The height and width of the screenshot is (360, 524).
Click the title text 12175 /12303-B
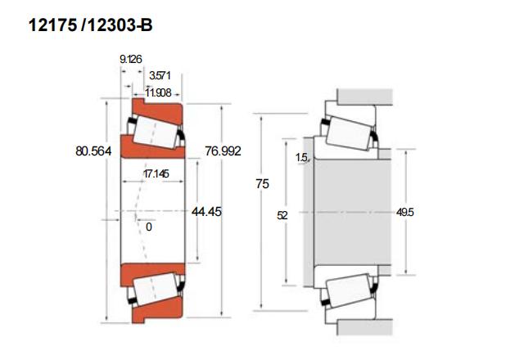point(90,25)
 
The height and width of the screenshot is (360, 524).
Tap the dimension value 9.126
point(131,60)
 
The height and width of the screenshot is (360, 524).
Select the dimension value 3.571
point(160,75)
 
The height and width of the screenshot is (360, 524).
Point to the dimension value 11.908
point(158,92)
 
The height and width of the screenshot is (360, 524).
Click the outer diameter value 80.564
point(93,151)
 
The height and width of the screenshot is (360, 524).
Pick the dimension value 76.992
point(223,151)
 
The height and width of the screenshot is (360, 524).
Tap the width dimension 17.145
point(156,173)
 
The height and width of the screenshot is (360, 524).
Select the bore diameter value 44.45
point(206,212)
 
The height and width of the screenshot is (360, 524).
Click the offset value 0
point(149,227)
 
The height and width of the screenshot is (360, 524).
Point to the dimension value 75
point(262,183)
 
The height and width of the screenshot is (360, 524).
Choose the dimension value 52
point(282,215)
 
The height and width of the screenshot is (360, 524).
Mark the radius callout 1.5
point(301,157)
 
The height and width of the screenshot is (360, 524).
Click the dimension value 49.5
point(405,212)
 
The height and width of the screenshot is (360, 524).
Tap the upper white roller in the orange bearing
point(156,132)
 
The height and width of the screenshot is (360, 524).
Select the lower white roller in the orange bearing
point(156,289)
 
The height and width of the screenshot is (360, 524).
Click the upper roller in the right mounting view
point(349,133)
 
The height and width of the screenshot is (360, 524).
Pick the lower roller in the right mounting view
point(349,291)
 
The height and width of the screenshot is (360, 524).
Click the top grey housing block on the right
point(365,97)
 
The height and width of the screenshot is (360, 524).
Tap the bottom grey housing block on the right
point(365,327)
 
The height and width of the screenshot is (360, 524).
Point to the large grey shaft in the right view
point(353,212)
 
